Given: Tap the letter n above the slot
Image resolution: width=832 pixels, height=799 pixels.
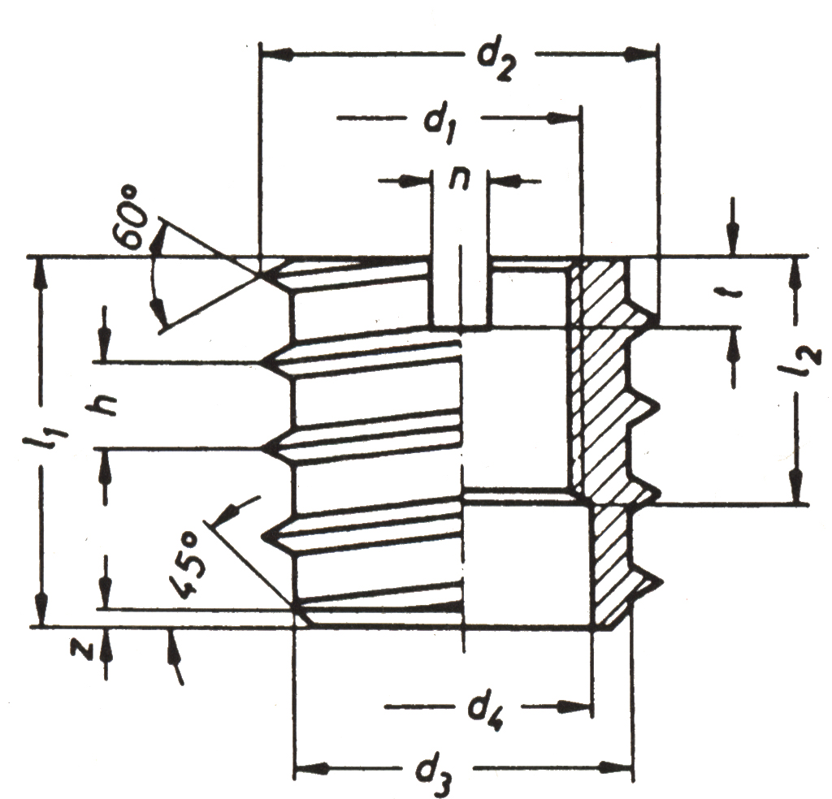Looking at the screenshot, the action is pos(460,181).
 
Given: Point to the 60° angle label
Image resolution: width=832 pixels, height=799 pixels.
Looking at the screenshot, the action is pos(131,218).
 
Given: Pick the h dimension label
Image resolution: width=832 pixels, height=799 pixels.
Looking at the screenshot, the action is pos(102,406).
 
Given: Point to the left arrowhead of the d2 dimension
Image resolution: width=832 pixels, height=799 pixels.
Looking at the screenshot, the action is pos(278,54).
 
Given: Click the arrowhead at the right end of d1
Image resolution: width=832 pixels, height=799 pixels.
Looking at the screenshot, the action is pos(563,119).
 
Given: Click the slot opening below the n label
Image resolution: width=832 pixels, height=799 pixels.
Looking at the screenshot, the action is pos(460,292).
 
